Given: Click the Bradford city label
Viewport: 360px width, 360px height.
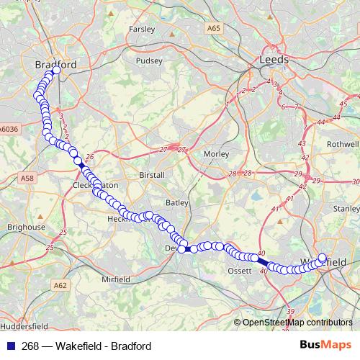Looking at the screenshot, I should coord(55,65).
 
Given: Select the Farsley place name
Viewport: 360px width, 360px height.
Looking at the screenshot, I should coord(142,30).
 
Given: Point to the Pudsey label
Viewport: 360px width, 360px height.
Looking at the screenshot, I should coord(150,61).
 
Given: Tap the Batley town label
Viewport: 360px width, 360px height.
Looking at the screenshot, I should coord(177,203).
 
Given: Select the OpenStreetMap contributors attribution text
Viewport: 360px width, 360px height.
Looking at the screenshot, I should coord(297,323).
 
